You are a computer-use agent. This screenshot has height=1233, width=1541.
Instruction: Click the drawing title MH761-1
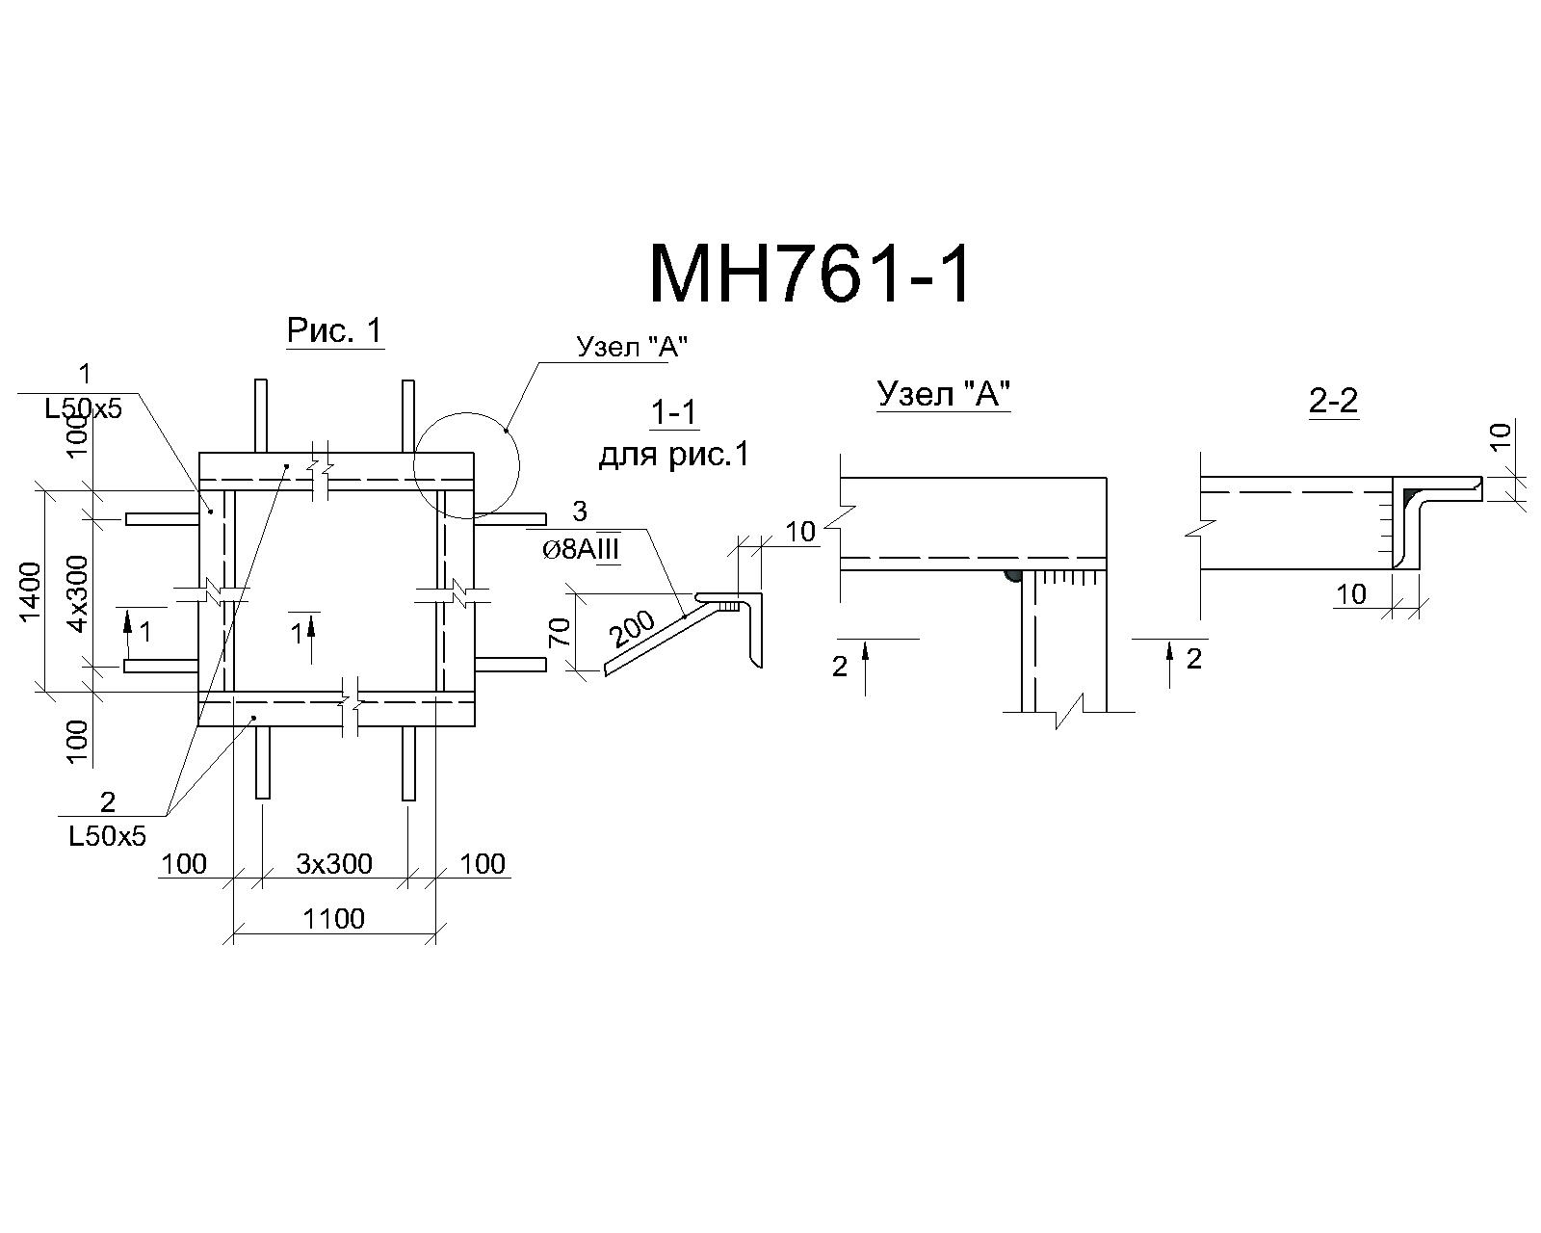(810, 275)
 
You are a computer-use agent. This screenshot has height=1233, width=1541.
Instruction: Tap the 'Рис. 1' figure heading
(335, 330)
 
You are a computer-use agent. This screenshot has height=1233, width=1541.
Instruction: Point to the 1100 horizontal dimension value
(333, 918)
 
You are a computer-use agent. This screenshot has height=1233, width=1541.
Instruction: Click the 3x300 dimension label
(334, 864)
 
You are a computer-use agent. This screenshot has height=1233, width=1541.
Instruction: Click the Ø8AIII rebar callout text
(581, 549)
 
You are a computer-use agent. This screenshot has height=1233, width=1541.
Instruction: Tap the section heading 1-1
(673, 412)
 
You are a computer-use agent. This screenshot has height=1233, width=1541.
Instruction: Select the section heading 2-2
(1333, 401)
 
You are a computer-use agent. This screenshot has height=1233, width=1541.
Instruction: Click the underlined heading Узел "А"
(945, 393)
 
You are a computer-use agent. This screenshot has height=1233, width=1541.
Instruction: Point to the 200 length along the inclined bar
(633, 628)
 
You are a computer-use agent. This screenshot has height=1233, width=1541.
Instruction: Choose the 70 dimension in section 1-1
(561, 632)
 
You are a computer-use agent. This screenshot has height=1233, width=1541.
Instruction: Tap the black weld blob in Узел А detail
(1013, 576)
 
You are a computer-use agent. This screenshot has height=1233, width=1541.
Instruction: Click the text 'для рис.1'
(674, 455)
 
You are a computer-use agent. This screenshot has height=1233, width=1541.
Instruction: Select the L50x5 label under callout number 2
(108, 835)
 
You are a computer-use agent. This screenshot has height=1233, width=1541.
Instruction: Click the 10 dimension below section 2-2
(1351, 594)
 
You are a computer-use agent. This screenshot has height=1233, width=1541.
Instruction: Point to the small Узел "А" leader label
(633, 347)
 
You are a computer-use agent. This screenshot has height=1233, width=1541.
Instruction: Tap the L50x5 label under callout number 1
(84, 409)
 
